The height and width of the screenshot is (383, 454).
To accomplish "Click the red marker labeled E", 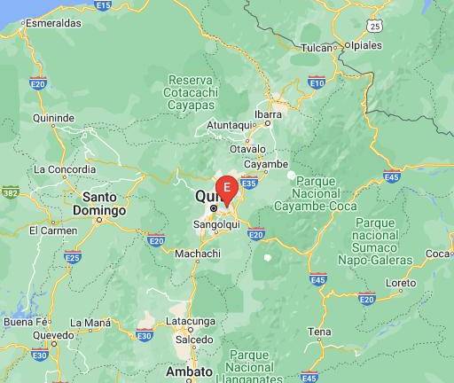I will [x=227, y=188].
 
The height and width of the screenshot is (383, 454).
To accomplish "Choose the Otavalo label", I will [x=249, y=149].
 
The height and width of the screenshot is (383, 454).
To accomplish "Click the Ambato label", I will [x=189, y=371].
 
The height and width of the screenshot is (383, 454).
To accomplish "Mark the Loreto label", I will [x=401, y=284].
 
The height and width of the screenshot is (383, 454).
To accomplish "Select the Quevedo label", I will [x=53, y=336].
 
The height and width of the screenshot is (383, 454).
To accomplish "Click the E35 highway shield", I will [x=249, y=184].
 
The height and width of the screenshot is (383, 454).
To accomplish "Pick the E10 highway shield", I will [x=317, y=82].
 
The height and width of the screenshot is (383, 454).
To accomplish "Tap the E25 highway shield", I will [x=73, y=257].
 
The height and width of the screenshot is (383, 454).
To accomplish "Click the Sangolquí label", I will [x=217, y=224].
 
